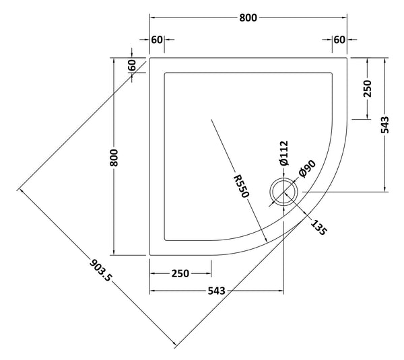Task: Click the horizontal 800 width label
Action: pos(248,18)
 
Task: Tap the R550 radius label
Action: pos(242,184)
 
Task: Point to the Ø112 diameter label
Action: pos(284,154)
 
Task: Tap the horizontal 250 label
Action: pos(180,274)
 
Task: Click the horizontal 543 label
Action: pos(215,291)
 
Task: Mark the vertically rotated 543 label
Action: pos(384,124)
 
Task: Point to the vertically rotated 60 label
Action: pos(132,66)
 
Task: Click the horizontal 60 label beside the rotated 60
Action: pos(157,40)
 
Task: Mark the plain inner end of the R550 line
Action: pos(211,119)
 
